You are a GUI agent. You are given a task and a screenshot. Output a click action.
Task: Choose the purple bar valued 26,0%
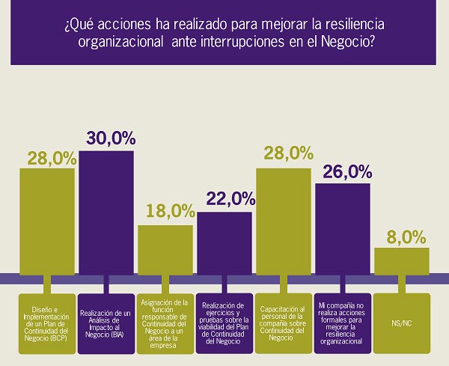pyautogui.click(x=343, y=228)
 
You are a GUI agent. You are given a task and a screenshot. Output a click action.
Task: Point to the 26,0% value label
pyautogui.click(x=347, y=172)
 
